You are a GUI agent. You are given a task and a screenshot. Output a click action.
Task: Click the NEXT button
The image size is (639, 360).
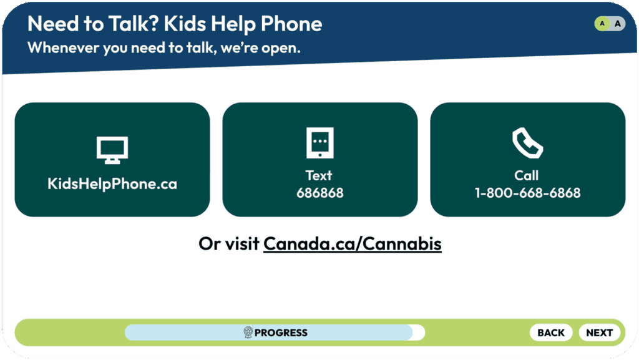click(x=600, y=333)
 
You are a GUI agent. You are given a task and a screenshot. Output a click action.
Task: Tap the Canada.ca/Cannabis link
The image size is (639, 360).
click(x=353, y=244)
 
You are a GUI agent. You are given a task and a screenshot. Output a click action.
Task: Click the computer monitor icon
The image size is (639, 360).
click(x=112, y=150)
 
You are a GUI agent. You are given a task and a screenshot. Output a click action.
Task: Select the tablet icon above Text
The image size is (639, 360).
click(x=320, y=142)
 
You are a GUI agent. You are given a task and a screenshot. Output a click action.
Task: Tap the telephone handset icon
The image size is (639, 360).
click(x=527, y=143)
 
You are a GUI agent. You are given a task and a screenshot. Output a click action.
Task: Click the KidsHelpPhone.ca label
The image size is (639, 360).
click(x=112, y=184)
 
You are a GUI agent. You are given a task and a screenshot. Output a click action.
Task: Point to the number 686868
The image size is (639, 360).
click(x=320, y=193)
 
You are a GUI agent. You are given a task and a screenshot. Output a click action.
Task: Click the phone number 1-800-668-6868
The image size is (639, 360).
click(x=528, y=193)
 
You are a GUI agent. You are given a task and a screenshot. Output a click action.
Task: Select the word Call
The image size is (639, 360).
click(x=527, y=175)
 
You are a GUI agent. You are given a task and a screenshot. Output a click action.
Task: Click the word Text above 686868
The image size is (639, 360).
click(x=319, y=175)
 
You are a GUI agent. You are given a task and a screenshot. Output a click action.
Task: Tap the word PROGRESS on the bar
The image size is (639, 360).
click(x=281, y=333)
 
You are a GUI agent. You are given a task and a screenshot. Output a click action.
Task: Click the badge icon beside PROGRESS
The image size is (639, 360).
click(x=248, y=333)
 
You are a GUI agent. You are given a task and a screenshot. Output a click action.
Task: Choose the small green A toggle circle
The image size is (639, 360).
click(x=602, y=24)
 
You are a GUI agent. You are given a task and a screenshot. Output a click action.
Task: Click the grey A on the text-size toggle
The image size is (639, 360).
click(x=618, y=24)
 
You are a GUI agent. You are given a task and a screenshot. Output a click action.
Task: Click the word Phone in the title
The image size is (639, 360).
click(x=291, y=24)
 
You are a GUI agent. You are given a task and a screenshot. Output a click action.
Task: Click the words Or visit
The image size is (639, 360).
click(x=228, y=244)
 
